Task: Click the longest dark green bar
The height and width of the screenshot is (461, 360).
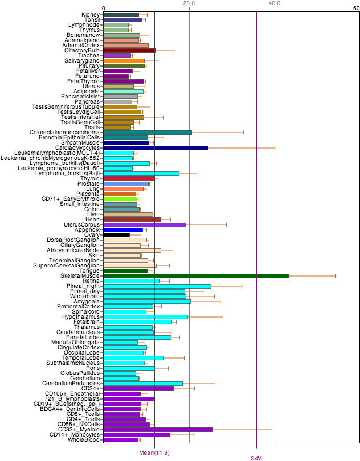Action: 195,276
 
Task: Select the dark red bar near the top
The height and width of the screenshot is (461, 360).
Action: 129,51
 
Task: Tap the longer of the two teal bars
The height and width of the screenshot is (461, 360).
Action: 147,133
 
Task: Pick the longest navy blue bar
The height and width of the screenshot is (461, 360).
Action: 156,148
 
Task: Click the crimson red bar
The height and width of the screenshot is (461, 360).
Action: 129,179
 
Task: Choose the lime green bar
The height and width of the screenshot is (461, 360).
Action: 120,199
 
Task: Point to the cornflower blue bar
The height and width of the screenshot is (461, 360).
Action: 125,184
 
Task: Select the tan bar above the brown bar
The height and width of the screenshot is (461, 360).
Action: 128,215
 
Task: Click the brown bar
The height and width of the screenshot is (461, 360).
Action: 132,220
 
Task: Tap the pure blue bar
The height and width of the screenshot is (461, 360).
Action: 122,230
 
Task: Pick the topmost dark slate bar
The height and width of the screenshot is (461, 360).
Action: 121,15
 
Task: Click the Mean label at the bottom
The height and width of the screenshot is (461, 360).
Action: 154,453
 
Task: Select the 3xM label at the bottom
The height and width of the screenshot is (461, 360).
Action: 256,458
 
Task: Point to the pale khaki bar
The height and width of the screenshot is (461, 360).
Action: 118,87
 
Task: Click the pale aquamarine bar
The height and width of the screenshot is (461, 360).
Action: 123,92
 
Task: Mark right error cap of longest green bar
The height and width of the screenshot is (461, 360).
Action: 335,276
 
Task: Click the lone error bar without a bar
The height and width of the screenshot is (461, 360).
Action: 135,234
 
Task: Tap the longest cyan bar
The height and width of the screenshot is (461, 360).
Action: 157,286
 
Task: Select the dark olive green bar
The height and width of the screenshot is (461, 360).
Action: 124,66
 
